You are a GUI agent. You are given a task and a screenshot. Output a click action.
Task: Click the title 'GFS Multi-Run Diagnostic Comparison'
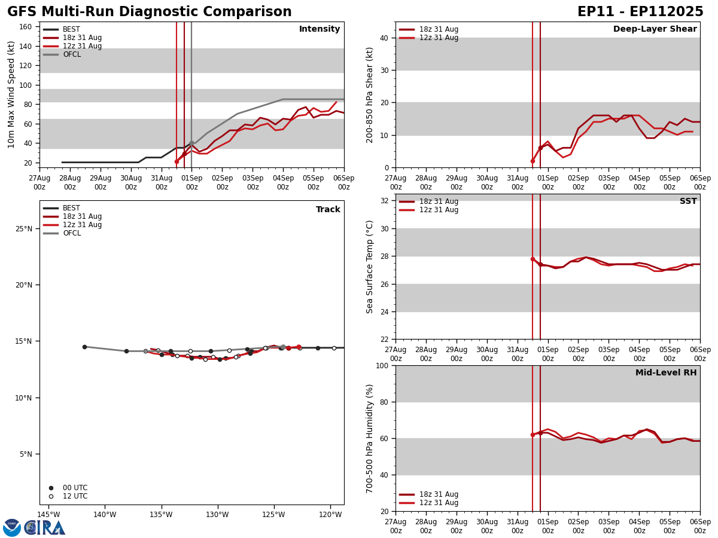[x=150, y=12]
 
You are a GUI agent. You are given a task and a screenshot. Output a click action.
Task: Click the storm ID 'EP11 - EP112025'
[x=640, y=12]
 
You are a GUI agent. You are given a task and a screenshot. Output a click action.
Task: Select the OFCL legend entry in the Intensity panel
[x=71, y=54]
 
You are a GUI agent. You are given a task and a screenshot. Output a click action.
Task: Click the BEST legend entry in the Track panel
[x=71, y=208]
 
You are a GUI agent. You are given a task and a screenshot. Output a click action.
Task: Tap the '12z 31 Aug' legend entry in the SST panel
[x=439, y=210]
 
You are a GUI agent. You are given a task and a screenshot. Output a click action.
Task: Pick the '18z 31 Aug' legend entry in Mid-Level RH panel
[x=439, y=494]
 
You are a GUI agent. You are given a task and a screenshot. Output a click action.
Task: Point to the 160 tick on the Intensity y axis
[x=26, y=27]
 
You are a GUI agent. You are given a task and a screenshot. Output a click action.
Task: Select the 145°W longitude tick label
[x=48, y=515]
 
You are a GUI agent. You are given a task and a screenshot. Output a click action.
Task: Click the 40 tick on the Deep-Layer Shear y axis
[x=384, y=38]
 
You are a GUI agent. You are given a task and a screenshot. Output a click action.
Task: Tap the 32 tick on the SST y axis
[x=384, y=201]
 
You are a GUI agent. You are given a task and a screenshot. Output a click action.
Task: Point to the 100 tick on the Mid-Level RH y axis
[x=381, y=365]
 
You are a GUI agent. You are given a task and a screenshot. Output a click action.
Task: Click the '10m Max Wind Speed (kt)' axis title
[x=11, y=94]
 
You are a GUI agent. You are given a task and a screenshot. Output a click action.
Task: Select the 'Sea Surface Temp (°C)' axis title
[x=370, y=267]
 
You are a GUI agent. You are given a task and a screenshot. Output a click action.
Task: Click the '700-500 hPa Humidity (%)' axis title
[x=370, y=438]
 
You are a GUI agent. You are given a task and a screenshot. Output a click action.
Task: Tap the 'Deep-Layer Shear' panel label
[x=655, y=29]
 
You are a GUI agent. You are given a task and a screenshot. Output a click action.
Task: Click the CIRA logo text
[x=45, y=528]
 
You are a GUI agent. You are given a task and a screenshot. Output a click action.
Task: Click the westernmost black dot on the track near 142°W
[x=84, y=347]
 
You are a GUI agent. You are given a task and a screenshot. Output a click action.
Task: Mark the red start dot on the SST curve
[x=533, y=259]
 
